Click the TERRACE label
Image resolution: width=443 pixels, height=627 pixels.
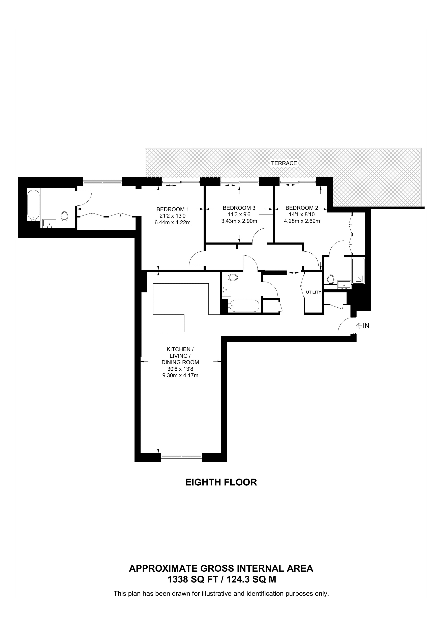(284, 163)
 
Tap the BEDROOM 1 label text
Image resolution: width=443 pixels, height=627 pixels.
(173, 209)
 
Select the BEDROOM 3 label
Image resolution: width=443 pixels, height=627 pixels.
(239, 208)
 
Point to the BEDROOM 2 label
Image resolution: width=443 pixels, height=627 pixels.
(302, 208)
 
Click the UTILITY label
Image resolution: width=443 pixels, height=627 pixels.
(314, 292)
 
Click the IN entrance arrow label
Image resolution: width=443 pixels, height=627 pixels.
(363, 326)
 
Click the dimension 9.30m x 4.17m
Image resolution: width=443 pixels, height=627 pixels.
(180, 375)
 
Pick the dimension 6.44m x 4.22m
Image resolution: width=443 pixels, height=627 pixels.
(173, 223)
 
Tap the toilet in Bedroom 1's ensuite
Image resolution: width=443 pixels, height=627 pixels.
(65, 216)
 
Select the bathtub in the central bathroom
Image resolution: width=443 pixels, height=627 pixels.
(244, 306)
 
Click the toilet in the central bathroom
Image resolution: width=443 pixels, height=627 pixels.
(233, 278)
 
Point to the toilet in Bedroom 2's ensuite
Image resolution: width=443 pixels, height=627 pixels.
(331, 279)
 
